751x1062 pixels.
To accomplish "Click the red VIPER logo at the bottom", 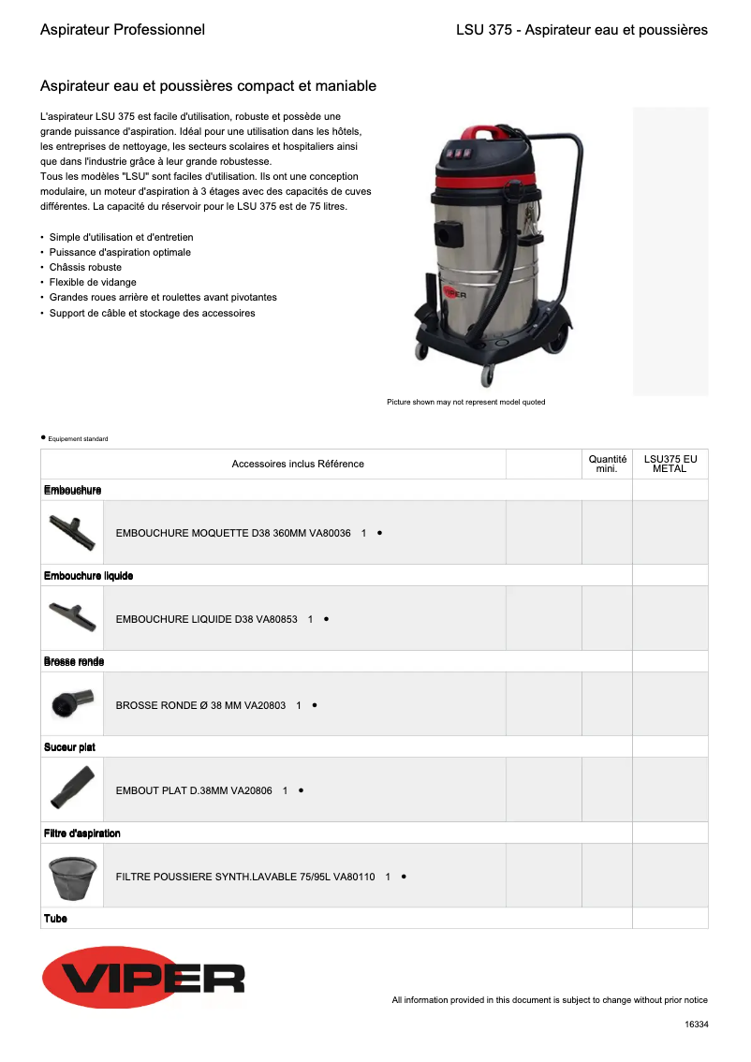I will (143, 977).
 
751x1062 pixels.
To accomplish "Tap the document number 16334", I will (697, 1025).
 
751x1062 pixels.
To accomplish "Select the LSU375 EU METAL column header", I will (670, 464).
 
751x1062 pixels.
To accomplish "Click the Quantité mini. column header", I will (607, 464).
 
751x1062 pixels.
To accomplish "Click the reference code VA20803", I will (265, 705).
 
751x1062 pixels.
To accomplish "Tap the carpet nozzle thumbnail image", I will (72, 532).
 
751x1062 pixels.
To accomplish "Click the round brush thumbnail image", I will (72, 703).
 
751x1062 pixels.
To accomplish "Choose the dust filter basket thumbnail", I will (72, 876).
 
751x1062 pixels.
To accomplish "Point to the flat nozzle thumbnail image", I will (72, 789).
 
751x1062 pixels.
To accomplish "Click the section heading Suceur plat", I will (69, 747).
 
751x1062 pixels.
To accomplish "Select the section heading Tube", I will (55, 919).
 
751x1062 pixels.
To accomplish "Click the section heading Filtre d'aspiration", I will (82, 833).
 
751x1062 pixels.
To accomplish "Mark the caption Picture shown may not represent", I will (465, 402).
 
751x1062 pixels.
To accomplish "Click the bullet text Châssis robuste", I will (85, 267).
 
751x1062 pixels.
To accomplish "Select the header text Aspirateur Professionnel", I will (123, 30).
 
